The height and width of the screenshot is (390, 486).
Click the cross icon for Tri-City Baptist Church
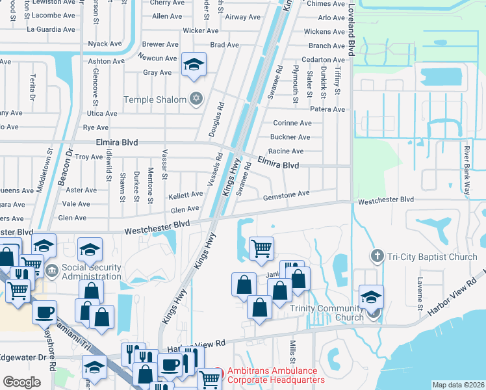click(377, 256)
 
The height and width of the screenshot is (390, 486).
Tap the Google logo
click(22, 382)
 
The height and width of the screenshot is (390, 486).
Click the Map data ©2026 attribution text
click(458, 385)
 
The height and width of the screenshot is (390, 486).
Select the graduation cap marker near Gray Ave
click(194, 65)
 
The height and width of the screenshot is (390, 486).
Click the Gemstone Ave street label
click(285, 194)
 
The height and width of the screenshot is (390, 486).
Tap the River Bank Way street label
click(467, 166)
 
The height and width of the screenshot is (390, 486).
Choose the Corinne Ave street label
click(292, 123)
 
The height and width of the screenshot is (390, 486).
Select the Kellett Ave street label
click(186, 195)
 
